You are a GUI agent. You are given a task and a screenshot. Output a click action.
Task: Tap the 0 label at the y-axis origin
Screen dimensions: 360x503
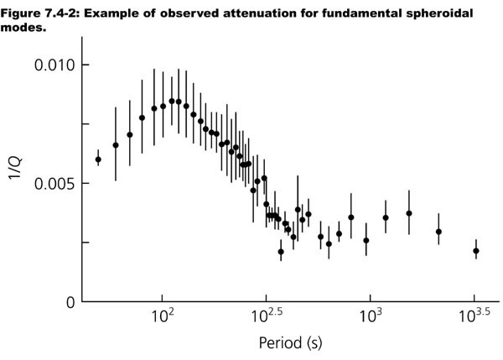[70, 302]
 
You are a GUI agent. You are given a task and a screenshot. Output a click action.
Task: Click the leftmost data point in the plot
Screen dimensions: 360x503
[98, 159]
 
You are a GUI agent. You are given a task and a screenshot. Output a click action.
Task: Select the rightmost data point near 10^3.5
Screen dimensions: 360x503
[475, 251]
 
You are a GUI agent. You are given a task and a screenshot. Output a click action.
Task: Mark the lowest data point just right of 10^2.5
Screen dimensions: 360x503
[281, 251]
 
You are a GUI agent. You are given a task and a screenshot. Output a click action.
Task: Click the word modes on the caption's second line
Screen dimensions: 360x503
[22, 25]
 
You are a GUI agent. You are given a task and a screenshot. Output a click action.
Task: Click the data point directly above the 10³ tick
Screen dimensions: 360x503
[366, 240]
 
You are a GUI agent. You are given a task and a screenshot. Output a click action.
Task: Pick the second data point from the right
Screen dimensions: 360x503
[438, 232]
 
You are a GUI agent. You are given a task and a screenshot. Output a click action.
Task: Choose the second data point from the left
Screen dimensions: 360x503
[116, 145]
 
